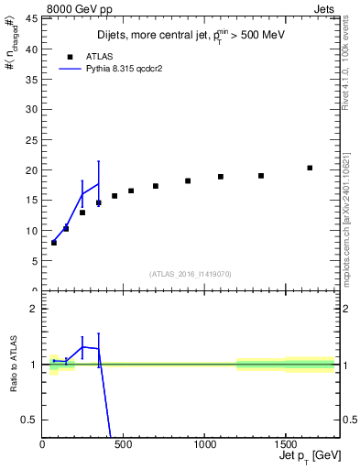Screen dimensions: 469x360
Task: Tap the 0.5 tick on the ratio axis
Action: pos(31,420)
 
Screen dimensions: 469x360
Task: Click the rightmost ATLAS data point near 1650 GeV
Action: pos(310,168)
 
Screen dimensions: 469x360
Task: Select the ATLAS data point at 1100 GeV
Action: pos(221,177)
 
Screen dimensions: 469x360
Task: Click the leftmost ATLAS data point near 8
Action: pos(54,243)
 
